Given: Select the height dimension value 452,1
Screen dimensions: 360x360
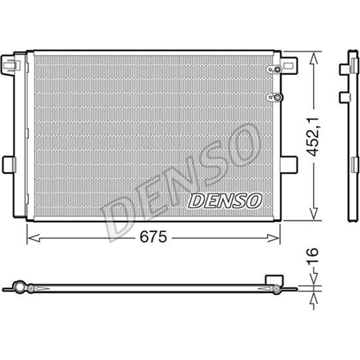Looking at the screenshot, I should (x=314, y=136).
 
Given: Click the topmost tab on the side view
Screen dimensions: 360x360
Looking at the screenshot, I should (x=344, y=69).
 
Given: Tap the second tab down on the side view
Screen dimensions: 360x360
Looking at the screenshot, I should (x=344, y=97).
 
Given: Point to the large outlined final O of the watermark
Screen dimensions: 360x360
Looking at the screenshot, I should (x=243, y=143).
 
